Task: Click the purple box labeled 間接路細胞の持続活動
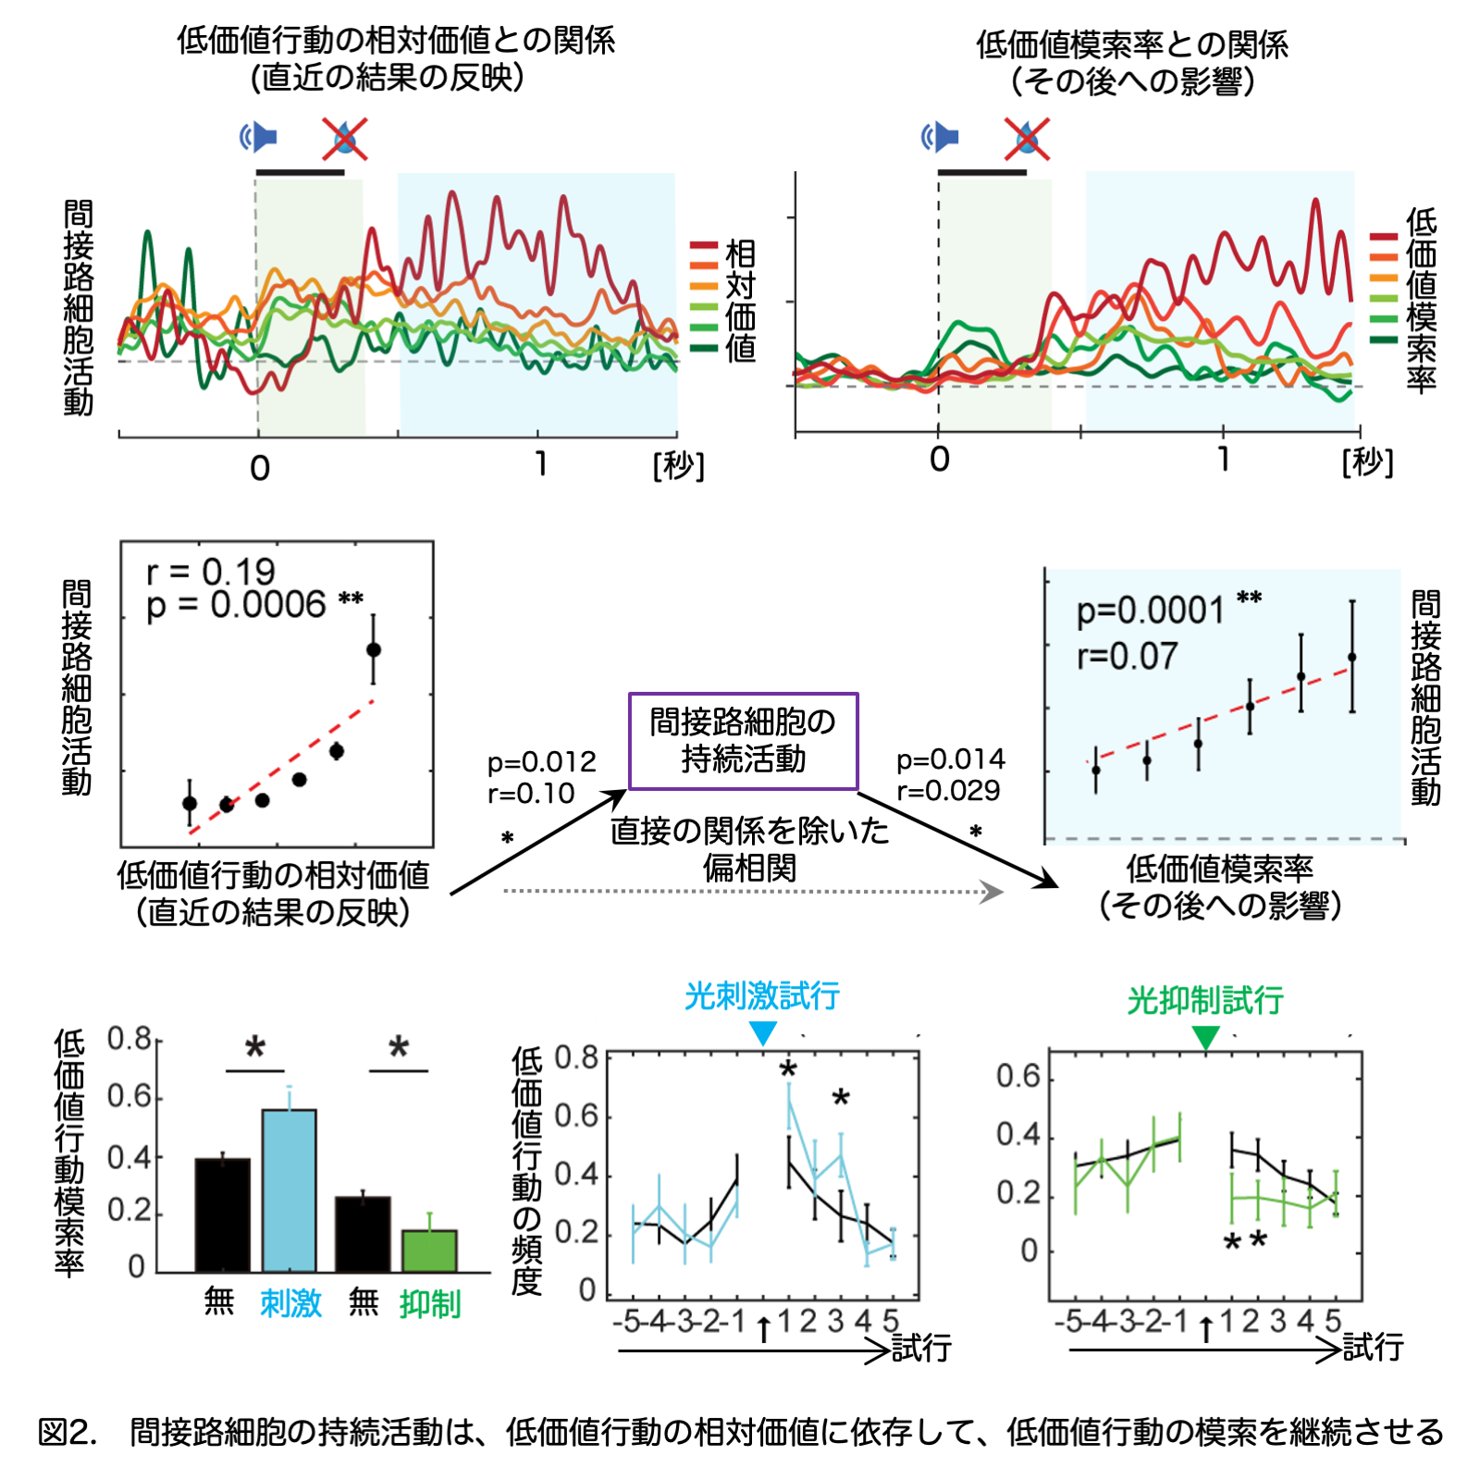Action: click(x=743, y=741)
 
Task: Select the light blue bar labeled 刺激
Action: click(x=290, y=1190)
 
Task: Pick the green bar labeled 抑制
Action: click(x=429, y=1251)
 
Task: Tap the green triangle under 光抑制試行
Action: click(x=1205, y=1038)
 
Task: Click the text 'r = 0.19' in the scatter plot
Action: click(x=211, y=572)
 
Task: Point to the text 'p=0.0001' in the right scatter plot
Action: click(x=1150, y=610)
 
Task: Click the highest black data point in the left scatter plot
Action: click(x=374, y=649)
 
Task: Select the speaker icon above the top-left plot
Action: click(x=259, y=137)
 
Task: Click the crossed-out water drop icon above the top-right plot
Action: click(x=1027, y=139)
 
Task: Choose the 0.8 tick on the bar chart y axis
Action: click(x=129, y=1039)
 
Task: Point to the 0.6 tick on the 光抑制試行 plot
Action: click(x=1017, y=1077)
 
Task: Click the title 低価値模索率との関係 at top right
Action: click(x=1132, y=43)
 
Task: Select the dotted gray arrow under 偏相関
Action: click(x=753, y=892)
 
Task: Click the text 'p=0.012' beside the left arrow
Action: click(x=541, y=762)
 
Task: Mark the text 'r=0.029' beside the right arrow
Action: click(x=948, y=791)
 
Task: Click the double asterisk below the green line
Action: click(x=1244, y=1240)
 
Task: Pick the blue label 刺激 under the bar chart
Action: click(x=290, y=1303)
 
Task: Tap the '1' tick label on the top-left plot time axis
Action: click(x=540, y=464)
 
